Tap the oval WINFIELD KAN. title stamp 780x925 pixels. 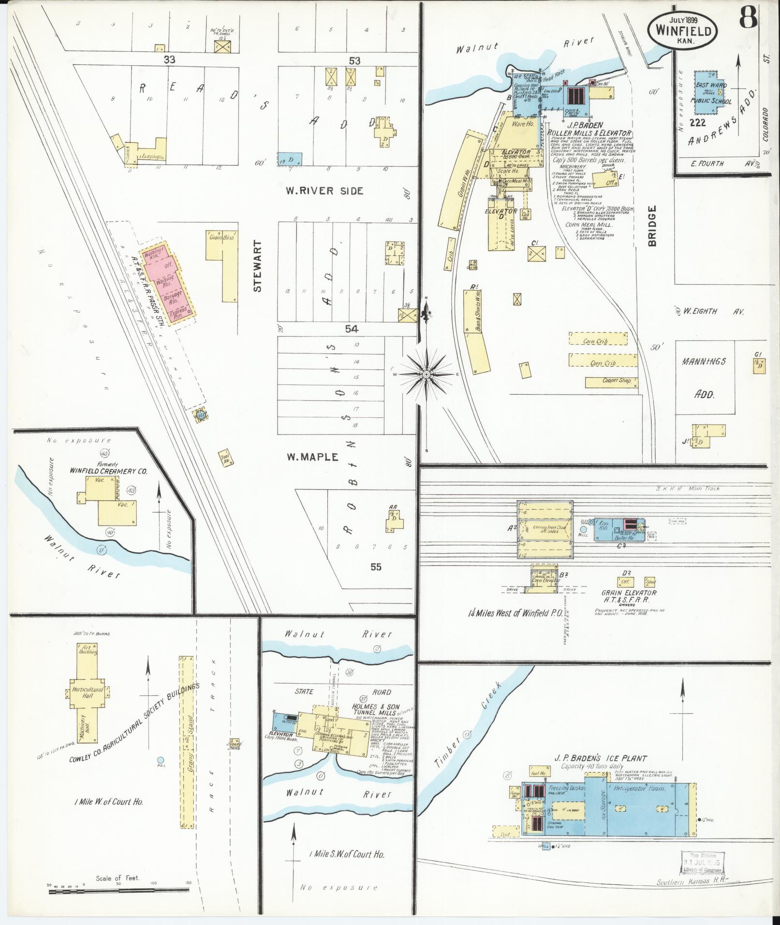point(683,30)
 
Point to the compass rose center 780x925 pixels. point(427,374)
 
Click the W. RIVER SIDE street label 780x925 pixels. point(324,191)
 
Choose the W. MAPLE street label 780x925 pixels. point(312,456)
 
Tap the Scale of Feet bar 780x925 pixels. point(118,888)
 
